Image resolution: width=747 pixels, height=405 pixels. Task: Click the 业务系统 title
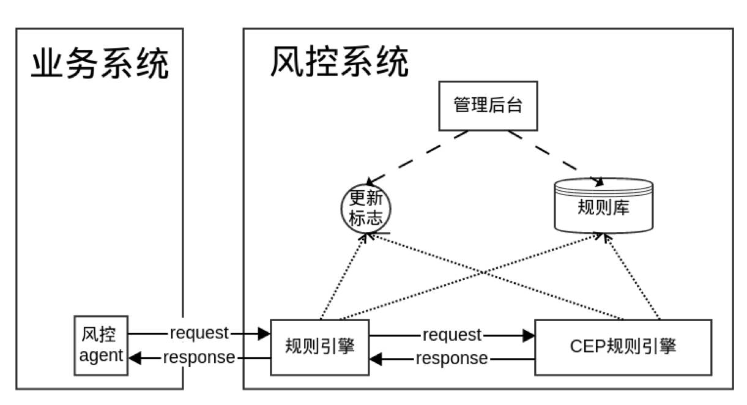coord(100,64)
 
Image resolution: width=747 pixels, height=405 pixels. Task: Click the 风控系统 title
coord(340,62)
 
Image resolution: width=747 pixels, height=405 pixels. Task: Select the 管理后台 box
coord(488,105)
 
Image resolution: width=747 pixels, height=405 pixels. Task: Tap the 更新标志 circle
coord(365,209)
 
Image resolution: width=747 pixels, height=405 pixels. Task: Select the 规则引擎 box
coord(320,346)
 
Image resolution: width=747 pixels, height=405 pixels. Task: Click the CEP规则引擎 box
coord(623,346)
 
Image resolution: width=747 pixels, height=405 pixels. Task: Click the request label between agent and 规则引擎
coord(199,333)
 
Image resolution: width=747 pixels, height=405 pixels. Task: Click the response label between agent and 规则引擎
coord(199,357)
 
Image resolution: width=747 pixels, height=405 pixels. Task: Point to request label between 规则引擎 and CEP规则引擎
coord(452,335)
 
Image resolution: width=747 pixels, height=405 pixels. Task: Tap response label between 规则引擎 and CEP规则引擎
coord(452,359)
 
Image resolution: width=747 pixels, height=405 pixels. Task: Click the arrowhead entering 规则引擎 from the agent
coord(264,333)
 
